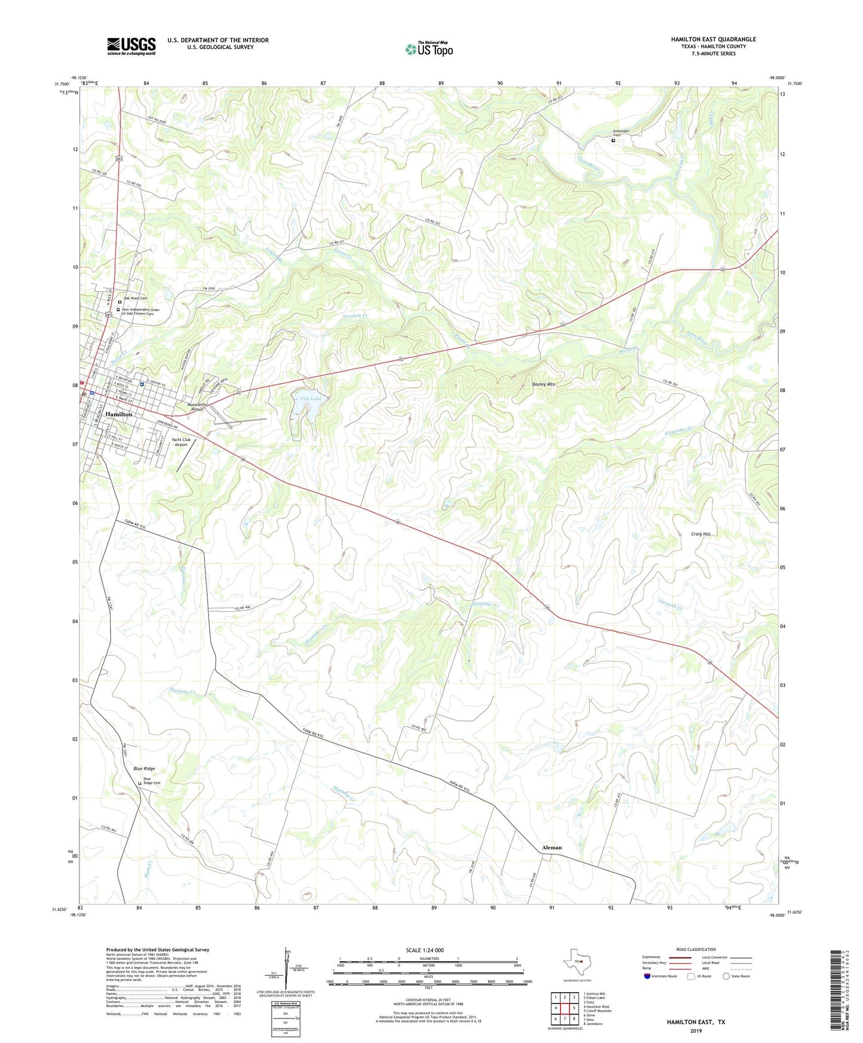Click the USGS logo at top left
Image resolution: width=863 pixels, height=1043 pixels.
point(131,46)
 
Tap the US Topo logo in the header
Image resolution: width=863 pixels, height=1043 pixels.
point(429,49)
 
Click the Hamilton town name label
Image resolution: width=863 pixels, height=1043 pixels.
point(119,414)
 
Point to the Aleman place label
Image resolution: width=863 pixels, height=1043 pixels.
point(551,847)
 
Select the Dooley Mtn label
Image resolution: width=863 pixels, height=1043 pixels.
point(543,384)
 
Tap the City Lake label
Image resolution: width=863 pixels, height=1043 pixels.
point(311,398)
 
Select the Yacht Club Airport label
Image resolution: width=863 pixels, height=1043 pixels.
point(180,442)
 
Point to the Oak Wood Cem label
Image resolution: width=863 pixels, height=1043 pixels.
point(135,297)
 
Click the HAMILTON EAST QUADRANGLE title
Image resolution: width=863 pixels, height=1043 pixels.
point(713,39)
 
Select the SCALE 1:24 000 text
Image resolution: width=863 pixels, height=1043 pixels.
point(425,950)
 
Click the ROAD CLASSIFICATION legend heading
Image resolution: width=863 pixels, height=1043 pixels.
point(696,949)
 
